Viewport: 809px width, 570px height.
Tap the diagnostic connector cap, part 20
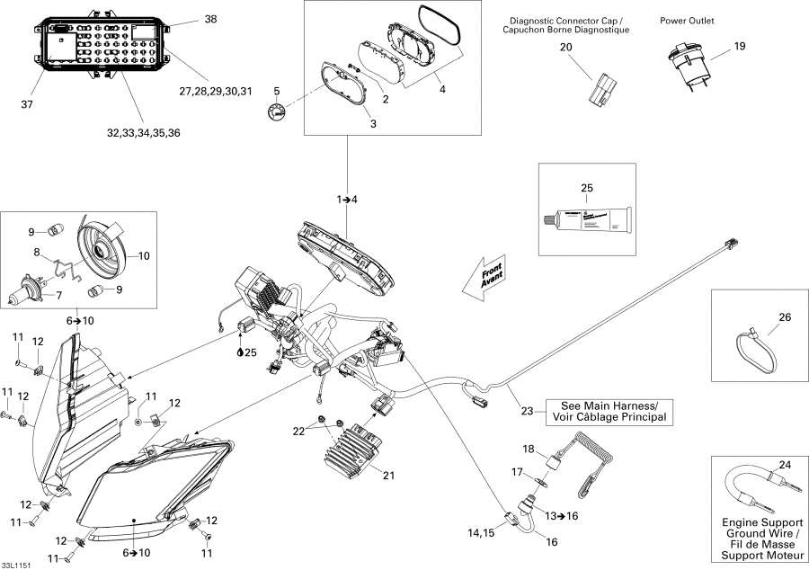click(x=600, y=87)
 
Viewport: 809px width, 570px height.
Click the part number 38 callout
click(x=210, y=19)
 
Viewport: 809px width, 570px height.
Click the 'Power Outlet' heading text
click(x=686, y=20)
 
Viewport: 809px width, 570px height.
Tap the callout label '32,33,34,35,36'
click(x=144, y=133)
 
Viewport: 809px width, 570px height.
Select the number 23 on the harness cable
click(x=527, y=412)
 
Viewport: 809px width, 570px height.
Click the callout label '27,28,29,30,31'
click(x=217, y=91)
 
